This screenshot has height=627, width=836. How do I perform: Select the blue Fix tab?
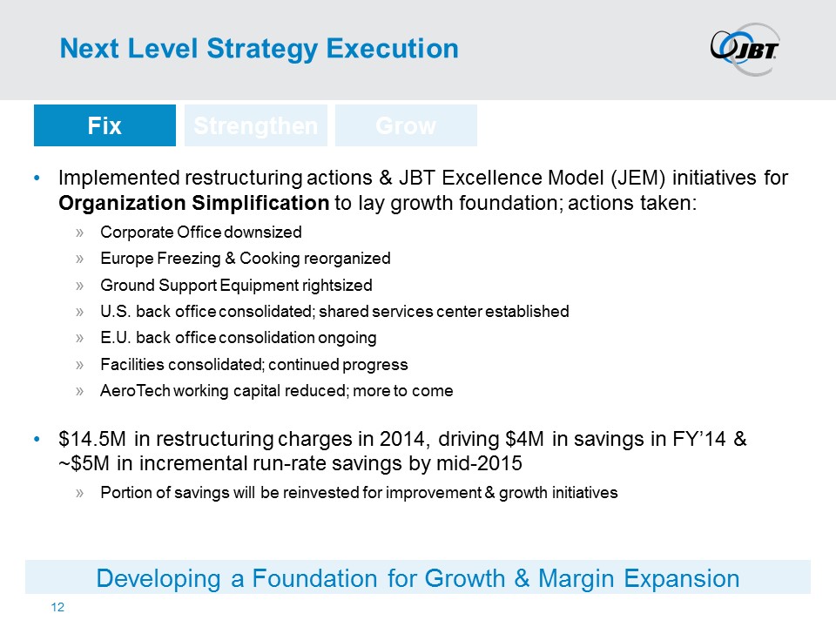click(x=104, y=125)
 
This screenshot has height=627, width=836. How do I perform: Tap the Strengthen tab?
click(x=256, y=125)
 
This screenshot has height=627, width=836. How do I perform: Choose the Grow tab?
click(x=406, y=125)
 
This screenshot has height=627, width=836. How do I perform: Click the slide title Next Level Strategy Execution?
click(x=259, y=49)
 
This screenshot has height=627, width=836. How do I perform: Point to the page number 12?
click(x=58, y=607)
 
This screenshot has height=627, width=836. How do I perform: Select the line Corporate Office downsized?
click(x=200, y=233)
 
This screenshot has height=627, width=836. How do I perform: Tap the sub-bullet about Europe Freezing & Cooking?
click(x=245, y=259)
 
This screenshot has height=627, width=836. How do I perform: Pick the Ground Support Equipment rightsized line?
click(x=236, y=285)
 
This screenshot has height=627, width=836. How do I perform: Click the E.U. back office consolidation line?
click(x=238, y=337)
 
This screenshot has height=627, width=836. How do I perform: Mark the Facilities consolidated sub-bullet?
click(x=253, y=364)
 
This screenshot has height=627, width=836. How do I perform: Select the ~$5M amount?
click(x=83, y=462)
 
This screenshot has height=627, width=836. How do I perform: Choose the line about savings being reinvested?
click(x=358, y=492)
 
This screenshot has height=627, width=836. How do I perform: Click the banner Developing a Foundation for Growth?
click(x=418, y=577)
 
